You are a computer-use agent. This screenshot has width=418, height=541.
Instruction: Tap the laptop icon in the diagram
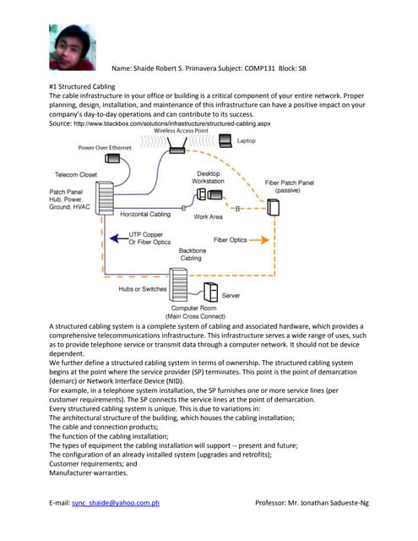223,142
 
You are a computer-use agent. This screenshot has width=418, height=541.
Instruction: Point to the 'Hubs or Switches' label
142,290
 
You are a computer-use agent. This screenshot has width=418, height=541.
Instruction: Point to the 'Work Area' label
208,217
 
